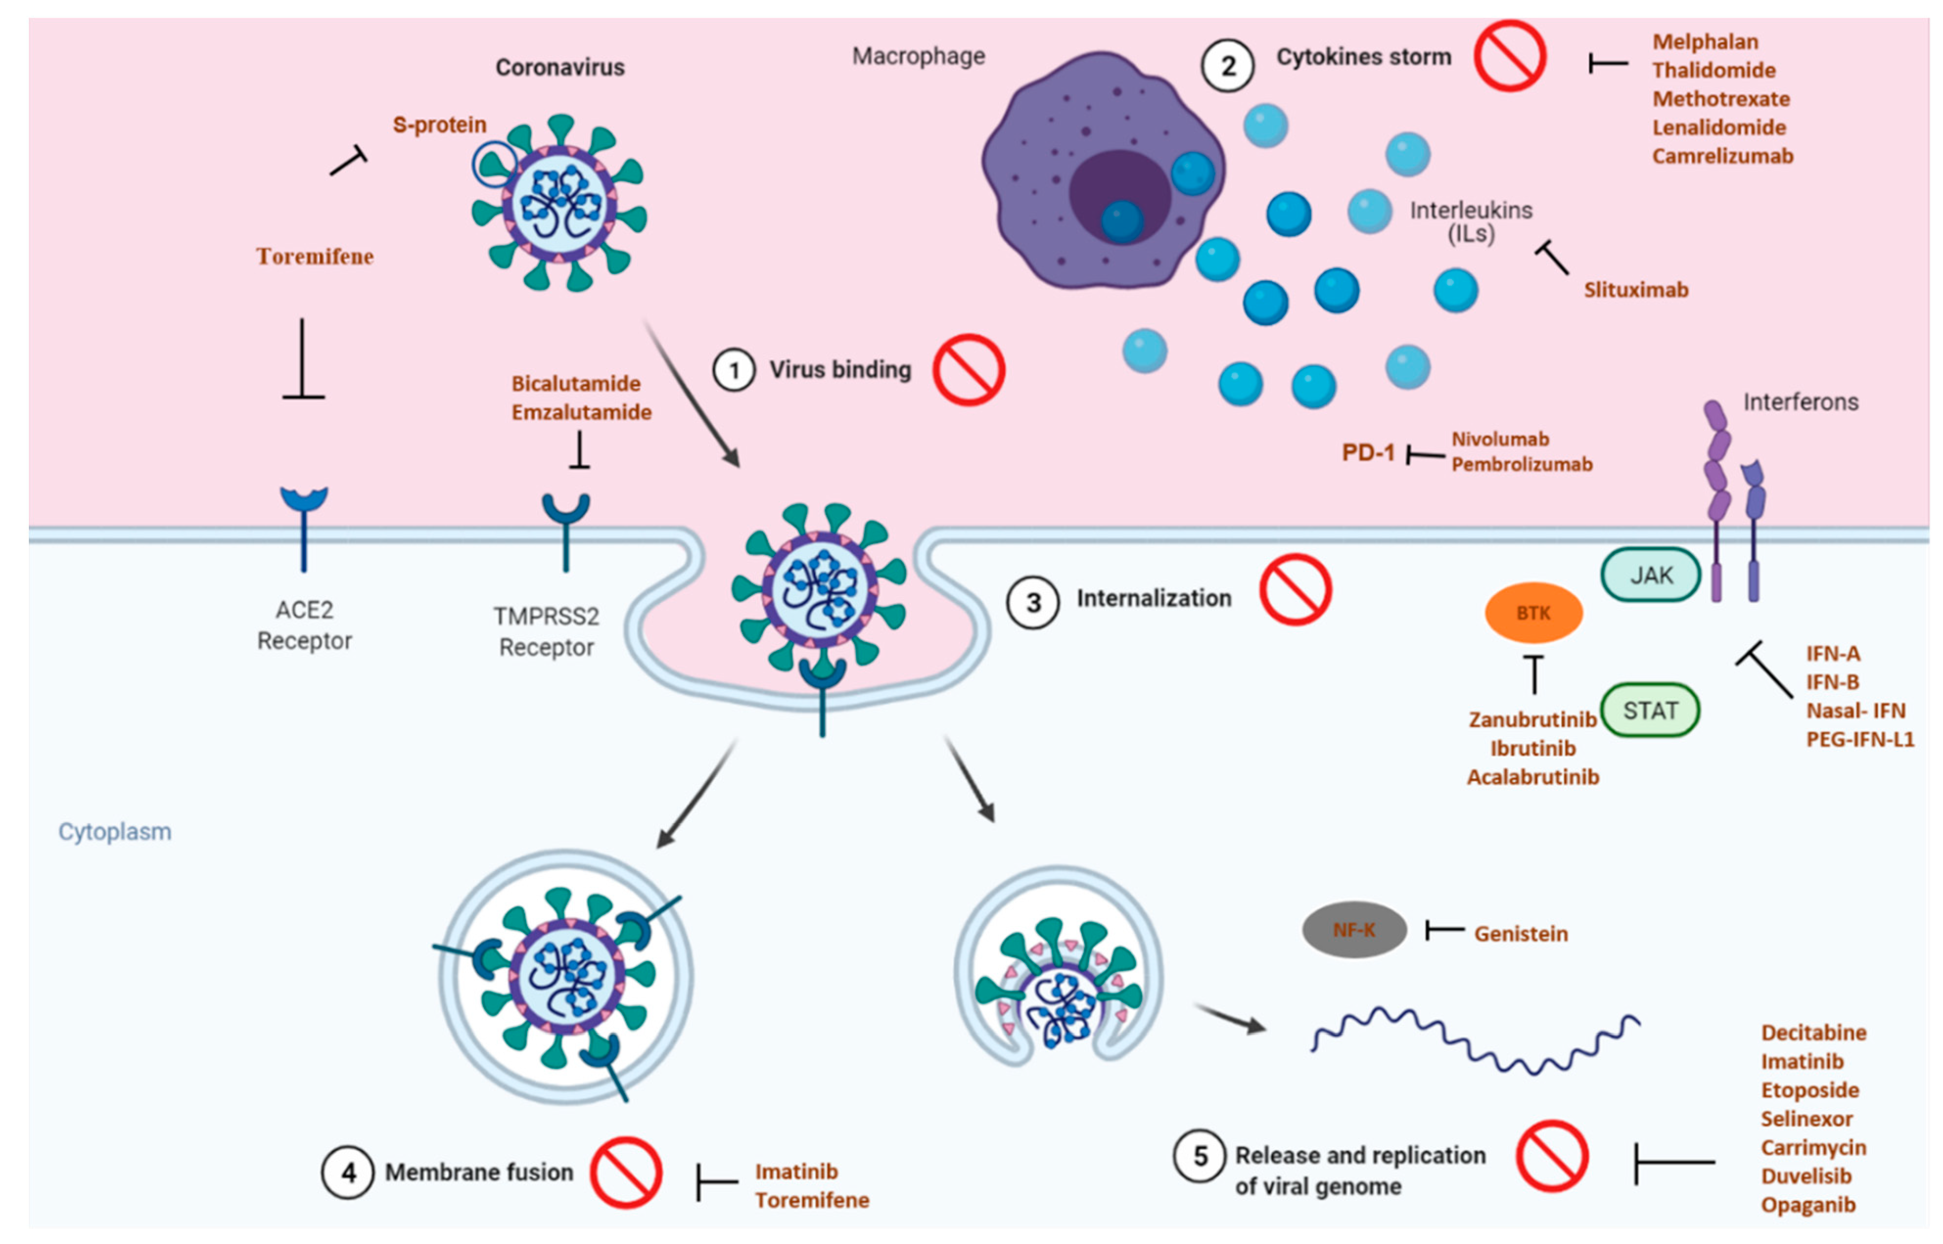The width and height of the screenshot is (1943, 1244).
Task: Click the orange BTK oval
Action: (1532, 613)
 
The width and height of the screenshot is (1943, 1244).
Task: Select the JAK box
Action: (1650, 575)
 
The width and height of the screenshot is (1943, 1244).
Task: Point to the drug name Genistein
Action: (1521, 934)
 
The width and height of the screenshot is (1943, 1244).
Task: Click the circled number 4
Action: (347, 1173)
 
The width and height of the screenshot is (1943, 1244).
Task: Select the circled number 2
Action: (1227, 66)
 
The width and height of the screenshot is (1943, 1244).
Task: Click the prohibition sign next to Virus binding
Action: (969, 370)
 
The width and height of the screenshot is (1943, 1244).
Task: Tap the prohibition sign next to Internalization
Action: (1295, 590)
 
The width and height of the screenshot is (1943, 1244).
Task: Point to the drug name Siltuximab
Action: (1635, 290)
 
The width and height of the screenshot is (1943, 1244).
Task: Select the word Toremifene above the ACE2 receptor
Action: (315, 257)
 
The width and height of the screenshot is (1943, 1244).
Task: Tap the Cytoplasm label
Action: (115, 832)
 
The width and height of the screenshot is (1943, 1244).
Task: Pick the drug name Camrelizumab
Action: (1722, 156)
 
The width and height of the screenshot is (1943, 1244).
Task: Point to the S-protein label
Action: (439, 124)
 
